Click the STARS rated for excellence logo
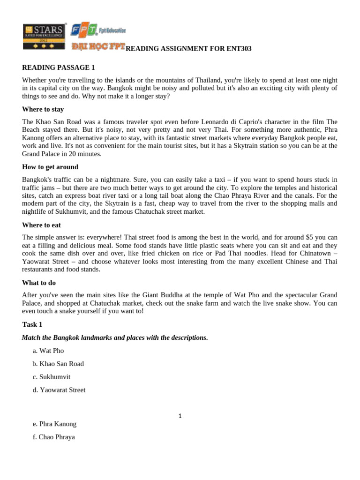click(44, 36)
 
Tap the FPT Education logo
click(98, 31)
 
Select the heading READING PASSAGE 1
click(59, 68)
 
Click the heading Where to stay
click(43, 110)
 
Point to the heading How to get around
click(50, 167)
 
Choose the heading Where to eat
click(41, 225)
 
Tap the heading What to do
click(40, 283)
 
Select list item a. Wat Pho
click(48, 351)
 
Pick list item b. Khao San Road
click(58, 364)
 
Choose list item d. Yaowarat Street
click(59, 390)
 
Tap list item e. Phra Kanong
click(54, 424)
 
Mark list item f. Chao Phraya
click(53, 437)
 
